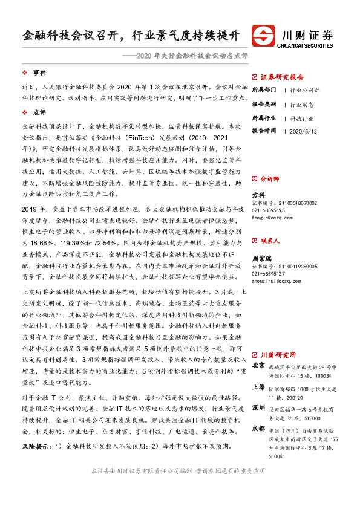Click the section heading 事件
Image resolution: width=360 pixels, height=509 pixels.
[x=39, y=72]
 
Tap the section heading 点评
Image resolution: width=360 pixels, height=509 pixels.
[x=39, y=112]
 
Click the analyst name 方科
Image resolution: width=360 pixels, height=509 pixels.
[x=258, y=195]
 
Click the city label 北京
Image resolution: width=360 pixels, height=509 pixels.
[x=258, y=365]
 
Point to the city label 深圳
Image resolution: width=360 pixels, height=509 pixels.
[x=258, y=406]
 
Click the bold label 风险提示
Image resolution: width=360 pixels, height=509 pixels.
[x=36, y=446]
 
